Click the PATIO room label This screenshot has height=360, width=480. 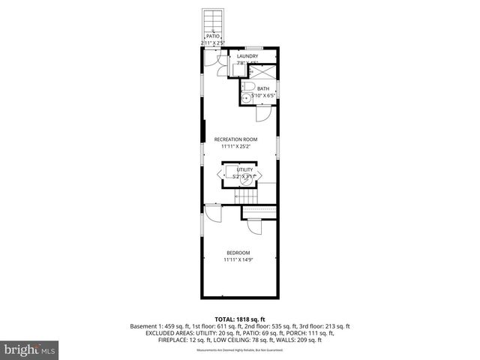point(213,36)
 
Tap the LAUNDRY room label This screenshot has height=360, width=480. point(247,56)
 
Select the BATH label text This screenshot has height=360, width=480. point(263,89)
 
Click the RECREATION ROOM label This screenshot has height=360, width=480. point(235,139)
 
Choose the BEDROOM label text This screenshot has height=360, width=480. point(238,253)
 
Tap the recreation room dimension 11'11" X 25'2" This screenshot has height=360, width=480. point(236,147)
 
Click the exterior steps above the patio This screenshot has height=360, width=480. point(213,19)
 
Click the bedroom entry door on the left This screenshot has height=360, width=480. point(211,213)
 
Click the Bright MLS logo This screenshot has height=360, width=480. point(29,349)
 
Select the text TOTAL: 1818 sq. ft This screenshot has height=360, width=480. point(240,319)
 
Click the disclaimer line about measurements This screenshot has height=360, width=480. point(240,350)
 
